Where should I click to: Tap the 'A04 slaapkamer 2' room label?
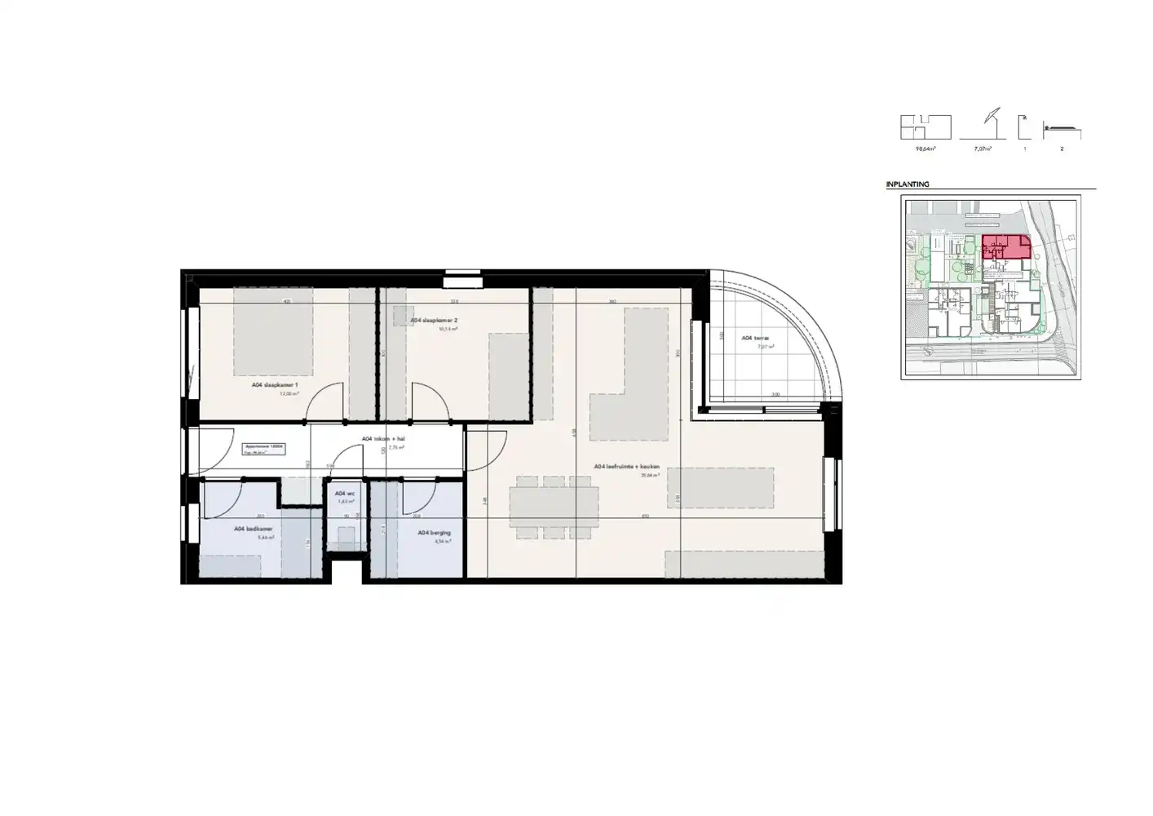click(435, 321)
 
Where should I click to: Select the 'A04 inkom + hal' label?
click(383, 439)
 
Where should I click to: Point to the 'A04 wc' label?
click(345, 494)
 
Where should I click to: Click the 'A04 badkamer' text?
click(254, 529)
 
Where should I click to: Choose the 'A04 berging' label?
click(434, 533)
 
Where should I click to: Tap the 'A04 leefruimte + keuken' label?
click(626, 467)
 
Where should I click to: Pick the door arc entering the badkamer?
click(228, 498)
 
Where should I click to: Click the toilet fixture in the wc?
click(346, 536)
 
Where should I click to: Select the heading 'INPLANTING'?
click(908, 184)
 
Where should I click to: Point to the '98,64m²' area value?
click(925, 149)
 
